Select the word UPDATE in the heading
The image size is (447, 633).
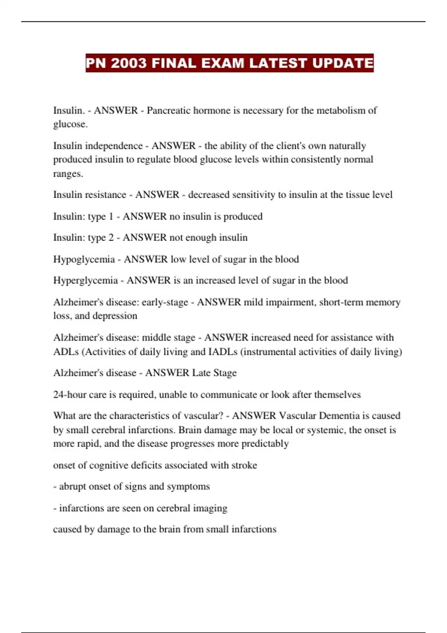coord(342,63)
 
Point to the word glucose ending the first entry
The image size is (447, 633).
coord(70,124)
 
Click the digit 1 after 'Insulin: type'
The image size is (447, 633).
coord(111,216)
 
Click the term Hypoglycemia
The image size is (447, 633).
coord(84,259)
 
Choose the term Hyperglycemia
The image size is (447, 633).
coord(85,280)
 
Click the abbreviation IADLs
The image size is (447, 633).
coord(223,352)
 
